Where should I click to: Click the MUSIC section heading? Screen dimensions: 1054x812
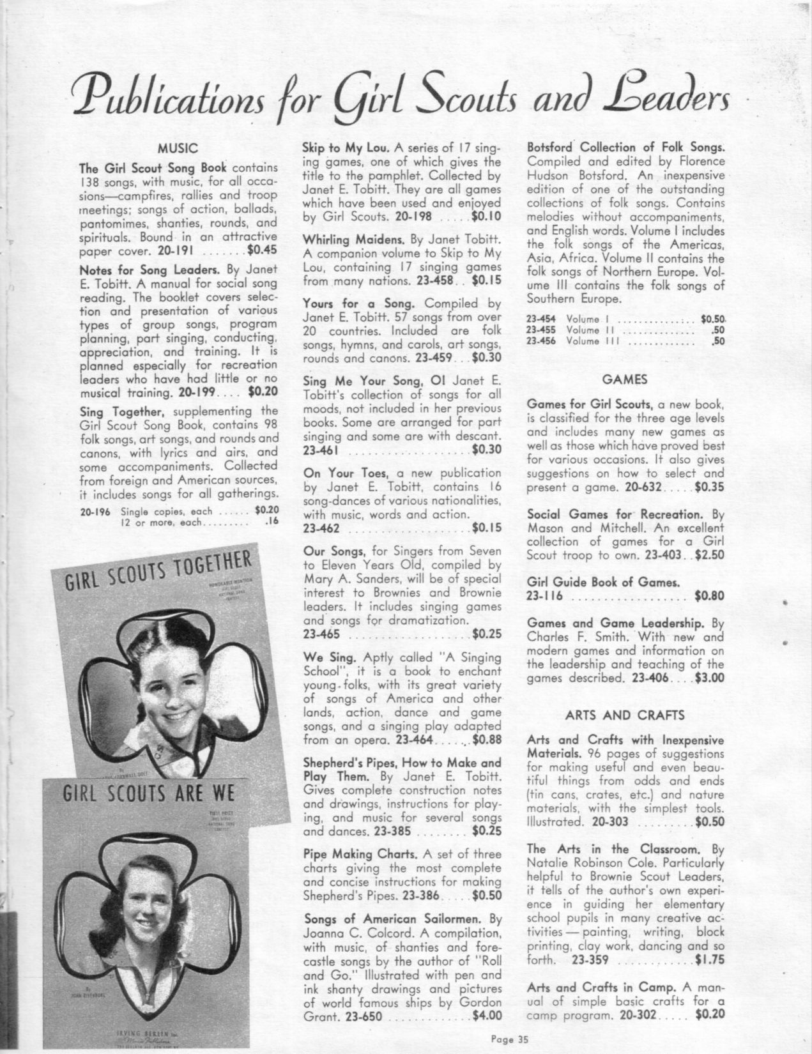pyautogui.click(x=178, y=148)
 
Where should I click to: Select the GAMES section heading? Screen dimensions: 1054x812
pyautogui.click(x=625, y=379)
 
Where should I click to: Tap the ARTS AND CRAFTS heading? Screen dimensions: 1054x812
pyautogui.click(x=625, y=715)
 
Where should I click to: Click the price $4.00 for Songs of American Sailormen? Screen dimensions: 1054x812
pyautogui.click(x=487, y=1032)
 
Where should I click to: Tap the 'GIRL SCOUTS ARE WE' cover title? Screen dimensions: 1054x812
pyautogui.click(x=149, y=795)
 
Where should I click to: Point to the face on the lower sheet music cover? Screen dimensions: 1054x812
pyautogui.click(x=148, y=904)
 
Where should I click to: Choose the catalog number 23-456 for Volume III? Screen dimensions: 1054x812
pyautogui.click(x=540, y=341)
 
